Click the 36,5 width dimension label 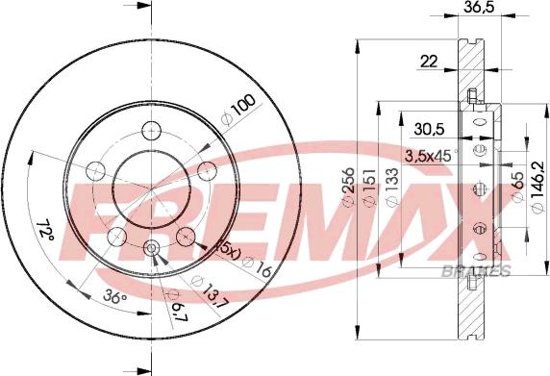[480, 7]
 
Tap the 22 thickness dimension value [429, 62]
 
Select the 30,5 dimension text [429, 129]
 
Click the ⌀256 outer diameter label [348, 188]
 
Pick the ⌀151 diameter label [370, 188]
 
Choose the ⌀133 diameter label [392, 188]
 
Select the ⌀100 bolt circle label [237, 110]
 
